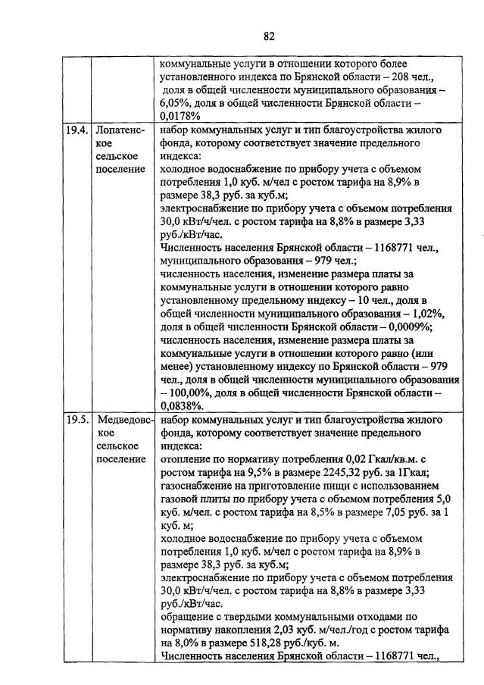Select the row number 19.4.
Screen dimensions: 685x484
tap(76, 130)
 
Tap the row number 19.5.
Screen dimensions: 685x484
tap(76, 419)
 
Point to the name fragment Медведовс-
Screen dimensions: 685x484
tap(125, 419)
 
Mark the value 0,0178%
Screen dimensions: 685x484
tap(180, 116)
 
